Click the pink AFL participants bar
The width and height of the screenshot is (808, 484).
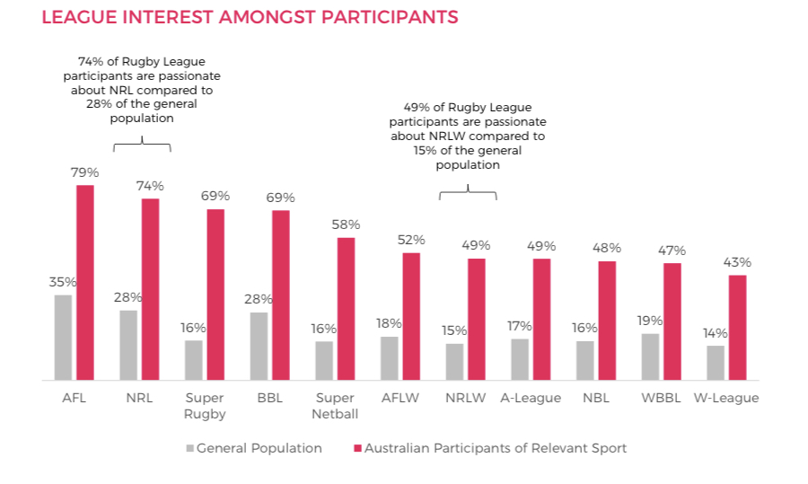[x=84, y=282]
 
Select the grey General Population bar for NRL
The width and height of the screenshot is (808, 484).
[x=128, y=345]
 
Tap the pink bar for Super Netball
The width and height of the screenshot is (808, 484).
[x=346, y=308]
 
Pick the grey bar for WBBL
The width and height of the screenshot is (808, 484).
[x=651, y=356]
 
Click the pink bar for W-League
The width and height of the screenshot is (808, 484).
[x=737, y=327]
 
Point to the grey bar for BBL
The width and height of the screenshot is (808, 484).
[x=259, y=346]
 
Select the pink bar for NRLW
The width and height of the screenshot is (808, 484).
[x=477, y=319]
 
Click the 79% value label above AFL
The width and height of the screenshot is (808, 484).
[x=84, y=172]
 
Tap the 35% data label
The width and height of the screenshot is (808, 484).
[x=62, y=282]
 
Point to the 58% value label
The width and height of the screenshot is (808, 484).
[x=346, y=224]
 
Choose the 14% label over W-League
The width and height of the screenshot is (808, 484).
[x=716, y=333]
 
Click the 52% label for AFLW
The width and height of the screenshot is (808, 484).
[x=411, y=240]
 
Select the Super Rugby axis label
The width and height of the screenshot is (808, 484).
[x=205, y=406]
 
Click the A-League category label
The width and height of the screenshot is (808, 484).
[x=531, y=398]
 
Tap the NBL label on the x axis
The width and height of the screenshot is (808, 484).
[x=595, y=398]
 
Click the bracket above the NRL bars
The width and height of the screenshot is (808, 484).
[x=142, y=146]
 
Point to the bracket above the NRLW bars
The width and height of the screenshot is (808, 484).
[x=467, y=193]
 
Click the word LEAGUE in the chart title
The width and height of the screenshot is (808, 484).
[x=76, y=17]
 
